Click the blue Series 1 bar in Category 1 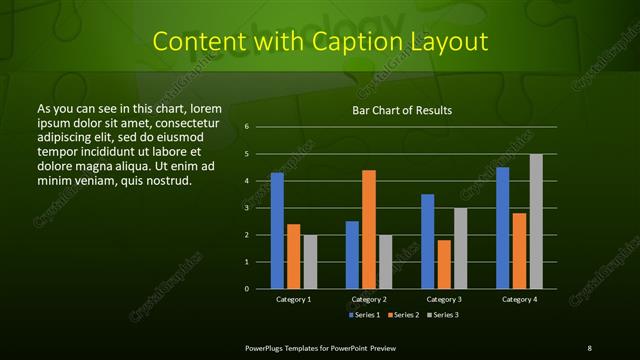(277, 231)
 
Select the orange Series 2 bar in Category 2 (369, 229)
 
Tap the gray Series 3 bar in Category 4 (536, 221)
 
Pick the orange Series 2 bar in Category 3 (444, 264)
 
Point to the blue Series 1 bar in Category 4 (503, 228)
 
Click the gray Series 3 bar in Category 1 (310, 262)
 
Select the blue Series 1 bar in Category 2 (352, 255)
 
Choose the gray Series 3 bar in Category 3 (461, 248)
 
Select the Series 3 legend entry (445, 315)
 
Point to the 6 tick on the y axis (246, 127)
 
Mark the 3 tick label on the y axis (246, 208)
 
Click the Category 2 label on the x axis (369, 299)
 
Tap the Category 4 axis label (519, 299)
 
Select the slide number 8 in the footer (589, 347)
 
